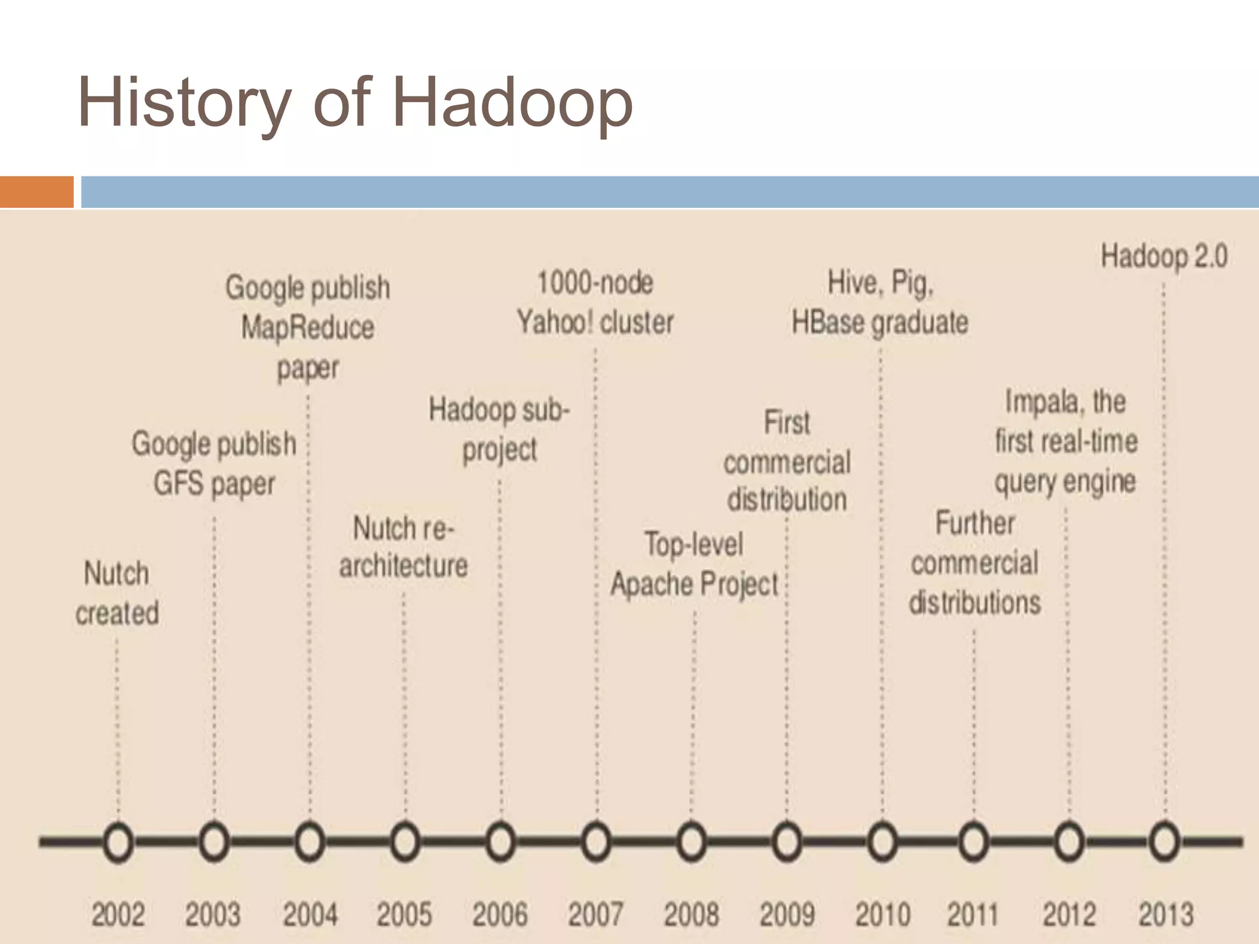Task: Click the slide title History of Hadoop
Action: (x=355, y=103)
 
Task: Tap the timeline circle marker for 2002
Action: (x=118, y=842)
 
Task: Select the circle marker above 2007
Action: (x=596, y=842)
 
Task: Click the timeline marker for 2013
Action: (x=1164, y=842)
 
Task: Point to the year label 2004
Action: (x=310, y=914)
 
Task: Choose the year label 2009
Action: (x=787, y=914)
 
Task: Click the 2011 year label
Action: (x=973, y=914)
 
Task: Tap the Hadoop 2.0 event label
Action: (x=1164, y=256)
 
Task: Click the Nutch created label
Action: (x=117, y=593)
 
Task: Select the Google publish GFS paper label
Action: (x=214, y=463)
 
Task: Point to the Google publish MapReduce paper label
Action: (x=308, y=328)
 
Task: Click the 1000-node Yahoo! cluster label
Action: (x=595, y=302)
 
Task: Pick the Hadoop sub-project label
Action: (x=499, y=429)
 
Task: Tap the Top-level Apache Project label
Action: (x=694, y=564)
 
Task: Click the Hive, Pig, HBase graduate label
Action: (x=880, y=302)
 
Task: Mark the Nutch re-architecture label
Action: (x=403, y=546)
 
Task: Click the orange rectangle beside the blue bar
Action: (x=36, y=192)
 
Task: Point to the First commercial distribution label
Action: (x=787, y=461)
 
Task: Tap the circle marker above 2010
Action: (x=882, y=842)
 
